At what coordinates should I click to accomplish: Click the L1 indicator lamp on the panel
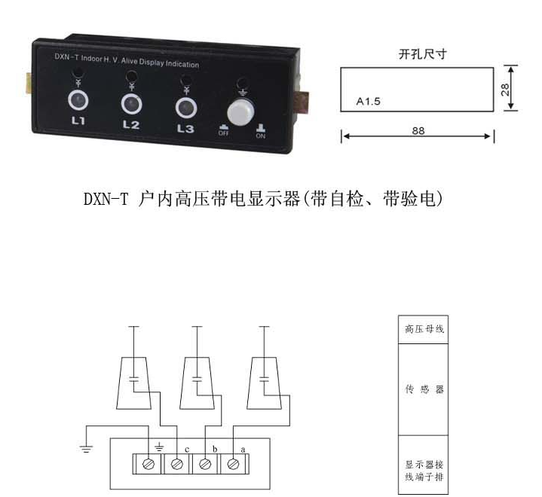78,100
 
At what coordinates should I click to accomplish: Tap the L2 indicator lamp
131,104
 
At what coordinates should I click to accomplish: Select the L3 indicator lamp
186,107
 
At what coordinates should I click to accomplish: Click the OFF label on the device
224,133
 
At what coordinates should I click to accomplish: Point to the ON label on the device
261,136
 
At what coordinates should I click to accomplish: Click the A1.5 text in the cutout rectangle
368,102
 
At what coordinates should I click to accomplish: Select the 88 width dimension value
418,131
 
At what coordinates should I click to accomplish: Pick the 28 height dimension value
505,90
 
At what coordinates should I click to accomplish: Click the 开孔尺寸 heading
422,54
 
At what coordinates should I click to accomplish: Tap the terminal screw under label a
234,464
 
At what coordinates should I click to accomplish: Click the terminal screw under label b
205,464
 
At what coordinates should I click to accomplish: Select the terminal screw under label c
177,464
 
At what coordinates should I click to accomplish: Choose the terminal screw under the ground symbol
149,464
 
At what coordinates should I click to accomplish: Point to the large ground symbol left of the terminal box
86,449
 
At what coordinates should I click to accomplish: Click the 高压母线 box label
424,329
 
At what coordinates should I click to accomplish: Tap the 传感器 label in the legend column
424,389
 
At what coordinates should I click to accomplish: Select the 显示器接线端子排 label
424,471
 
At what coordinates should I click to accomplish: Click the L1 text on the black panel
78,120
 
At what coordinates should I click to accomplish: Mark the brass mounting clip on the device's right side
304,102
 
